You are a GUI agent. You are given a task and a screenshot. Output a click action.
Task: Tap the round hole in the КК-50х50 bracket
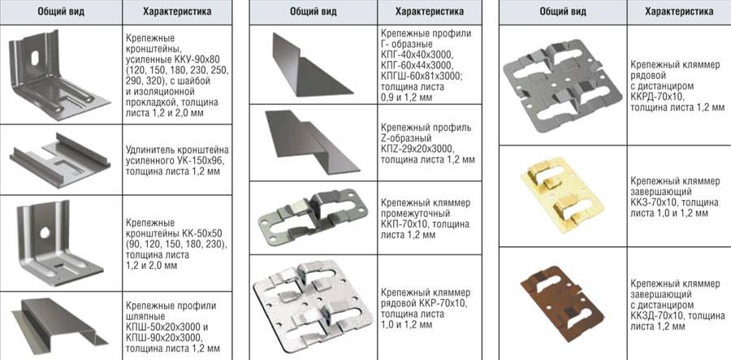[x=45, y=232]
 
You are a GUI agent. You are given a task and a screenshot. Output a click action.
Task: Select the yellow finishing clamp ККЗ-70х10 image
[x=562, y=197]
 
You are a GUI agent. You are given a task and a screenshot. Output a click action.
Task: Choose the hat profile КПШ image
[x=58, y=321]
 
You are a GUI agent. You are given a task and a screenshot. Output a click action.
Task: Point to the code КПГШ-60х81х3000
[x=422, y=76]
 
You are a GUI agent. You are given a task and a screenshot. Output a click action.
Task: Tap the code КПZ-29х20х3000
[x=417, y=150]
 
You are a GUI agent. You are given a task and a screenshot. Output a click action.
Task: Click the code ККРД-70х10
[x=658, y=97]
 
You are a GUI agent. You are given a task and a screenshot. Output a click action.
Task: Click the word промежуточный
[x=415, y=215]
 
